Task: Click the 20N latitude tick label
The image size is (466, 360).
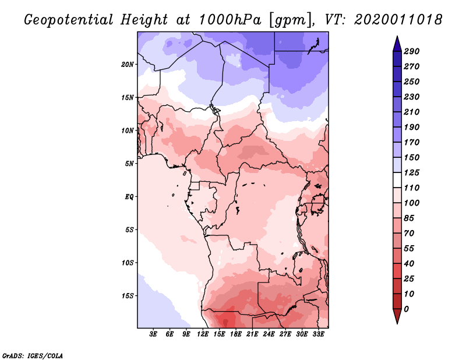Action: point(128,64)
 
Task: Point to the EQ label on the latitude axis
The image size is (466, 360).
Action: point(129,196)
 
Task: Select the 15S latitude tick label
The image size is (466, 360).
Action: point(128,295)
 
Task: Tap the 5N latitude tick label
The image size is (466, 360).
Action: point(129,163)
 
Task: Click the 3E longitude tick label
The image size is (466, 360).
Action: point(154,335)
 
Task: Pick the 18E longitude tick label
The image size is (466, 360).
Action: point(236,335)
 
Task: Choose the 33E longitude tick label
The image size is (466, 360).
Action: point(318,335)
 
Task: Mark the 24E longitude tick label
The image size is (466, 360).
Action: point(269,335)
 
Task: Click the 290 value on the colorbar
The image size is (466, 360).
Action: point(412,51)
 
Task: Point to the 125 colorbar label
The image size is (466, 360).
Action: point(412,172)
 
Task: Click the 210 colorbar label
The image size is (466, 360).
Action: point(412,112)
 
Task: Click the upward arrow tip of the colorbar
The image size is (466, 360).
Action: point(396,38)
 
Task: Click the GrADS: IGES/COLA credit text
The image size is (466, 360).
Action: point(33,355)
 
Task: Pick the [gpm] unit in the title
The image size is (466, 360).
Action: point(287,20)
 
